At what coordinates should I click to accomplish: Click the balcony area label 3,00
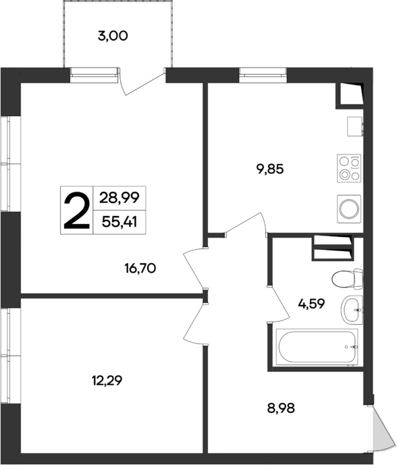(x=113, y=37)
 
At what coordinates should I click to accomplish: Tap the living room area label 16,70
(x=140, y=269)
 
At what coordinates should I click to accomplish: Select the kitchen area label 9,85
(x=269, y=169)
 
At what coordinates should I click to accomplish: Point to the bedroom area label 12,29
(x=107, y=381)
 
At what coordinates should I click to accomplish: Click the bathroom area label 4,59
(x=312, y=303)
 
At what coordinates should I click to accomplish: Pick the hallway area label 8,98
(x=280, y=407)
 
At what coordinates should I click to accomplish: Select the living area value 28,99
(x=119, y=198)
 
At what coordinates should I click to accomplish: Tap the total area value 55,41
(x=119, y=221)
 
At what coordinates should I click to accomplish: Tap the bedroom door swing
(x=194, y=323)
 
